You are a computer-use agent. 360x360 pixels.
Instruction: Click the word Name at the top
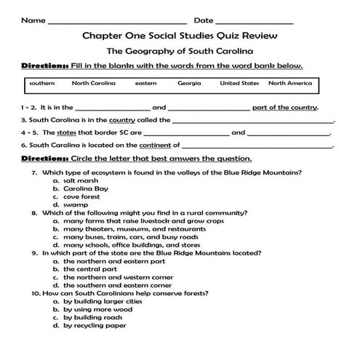pyautogui.click(x=33, y=20)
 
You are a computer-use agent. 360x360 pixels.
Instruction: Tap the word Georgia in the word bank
pyautogui.click(x=189, y=84)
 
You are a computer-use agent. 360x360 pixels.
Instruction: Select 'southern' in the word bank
pyautogui.click(x=41, y=84)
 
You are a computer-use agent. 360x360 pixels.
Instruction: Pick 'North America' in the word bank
pyautogui.click(x=295, y=84)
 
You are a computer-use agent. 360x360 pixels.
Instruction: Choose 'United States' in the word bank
pyautogui.click(x=239, y=84)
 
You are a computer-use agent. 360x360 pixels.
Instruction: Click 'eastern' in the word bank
pyautogui.click(x=145, y=84)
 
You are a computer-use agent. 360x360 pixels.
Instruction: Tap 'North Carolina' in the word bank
pyautogui.click(x=93, y=84)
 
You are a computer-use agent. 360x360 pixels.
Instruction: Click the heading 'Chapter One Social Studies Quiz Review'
pyautogui.click(x=179, y=36)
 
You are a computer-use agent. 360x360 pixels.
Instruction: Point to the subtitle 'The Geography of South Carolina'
pyautogui.click(x=179, y=52)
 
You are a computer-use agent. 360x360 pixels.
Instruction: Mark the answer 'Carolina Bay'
pyautogui.click(x=85, y=188)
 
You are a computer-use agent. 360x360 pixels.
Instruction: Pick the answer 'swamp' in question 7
pyautogui.click(x=76, y=205)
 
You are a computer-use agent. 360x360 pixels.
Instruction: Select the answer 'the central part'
pyautogui.click(x=89, y=269)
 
